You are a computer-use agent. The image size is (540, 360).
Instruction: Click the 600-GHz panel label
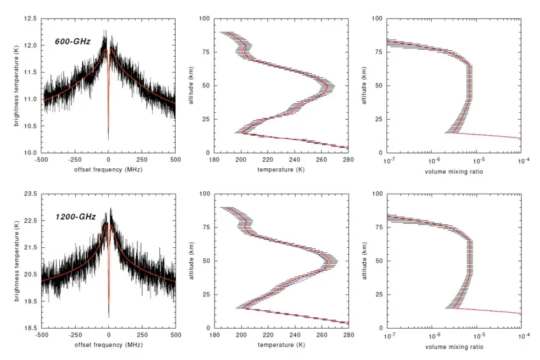coord(73,42)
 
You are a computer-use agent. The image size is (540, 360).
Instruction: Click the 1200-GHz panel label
coord(75,217)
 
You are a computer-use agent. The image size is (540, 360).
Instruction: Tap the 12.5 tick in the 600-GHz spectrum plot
coord(31,19)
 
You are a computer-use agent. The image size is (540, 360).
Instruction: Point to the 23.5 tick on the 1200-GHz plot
coord(31,194)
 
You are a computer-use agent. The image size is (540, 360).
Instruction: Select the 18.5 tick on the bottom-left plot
coord(31,328)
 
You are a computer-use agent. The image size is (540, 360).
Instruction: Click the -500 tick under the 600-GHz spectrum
coord(42,161)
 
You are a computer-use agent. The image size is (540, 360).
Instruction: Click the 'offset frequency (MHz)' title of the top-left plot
coord(109,170)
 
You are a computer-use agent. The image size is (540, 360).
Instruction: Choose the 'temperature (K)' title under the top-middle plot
coord(281,170)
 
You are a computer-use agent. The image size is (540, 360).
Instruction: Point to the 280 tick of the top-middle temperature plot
coord(348,161)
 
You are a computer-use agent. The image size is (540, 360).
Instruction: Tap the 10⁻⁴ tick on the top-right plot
coord(520,161)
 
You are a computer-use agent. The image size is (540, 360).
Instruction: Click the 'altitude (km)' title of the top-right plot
coord(363,86)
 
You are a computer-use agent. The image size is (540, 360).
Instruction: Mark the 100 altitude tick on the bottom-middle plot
coord(205,194)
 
